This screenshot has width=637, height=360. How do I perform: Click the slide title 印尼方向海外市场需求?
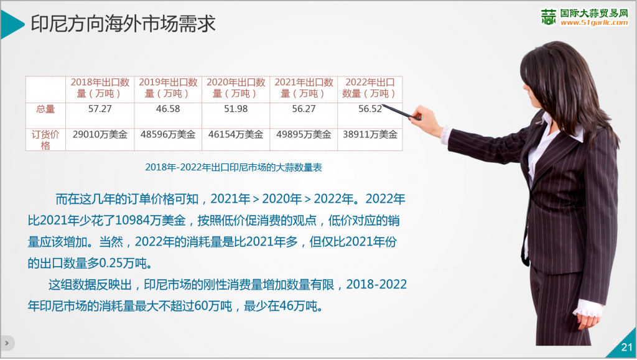[123, 24]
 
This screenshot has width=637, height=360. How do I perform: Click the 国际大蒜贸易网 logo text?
[594, 14]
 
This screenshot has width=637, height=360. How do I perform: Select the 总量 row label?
[45, 109]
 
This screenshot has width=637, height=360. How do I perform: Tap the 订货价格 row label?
[45, 140]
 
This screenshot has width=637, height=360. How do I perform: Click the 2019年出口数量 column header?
[168, 88]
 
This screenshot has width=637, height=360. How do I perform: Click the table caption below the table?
[234, 167]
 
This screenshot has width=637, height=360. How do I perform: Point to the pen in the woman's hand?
[401, 112]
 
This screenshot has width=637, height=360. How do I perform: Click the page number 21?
[627, 348]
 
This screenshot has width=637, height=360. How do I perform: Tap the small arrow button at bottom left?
[7, 343]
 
